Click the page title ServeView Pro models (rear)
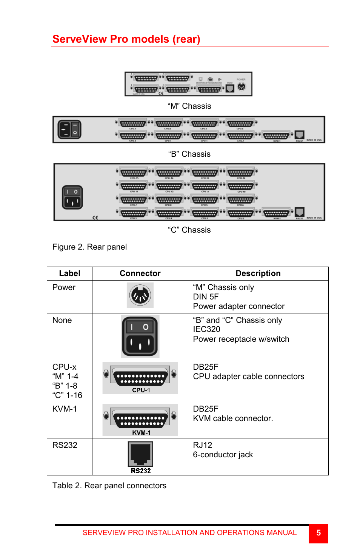[126, 39]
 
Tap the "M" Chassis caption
[189, 106]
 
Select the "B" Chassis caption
[189, 154]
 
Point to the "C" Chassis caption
[189, 230]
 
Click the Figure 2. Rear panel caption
[89, 247]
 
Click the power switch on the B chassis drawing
[69, 130]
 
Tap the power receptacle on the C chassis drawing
[72, 197]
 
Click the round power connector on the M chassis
[241, 86]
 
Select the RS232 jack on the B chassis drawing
[300, 135]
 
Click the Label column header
[69, 273]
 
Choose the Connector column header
[140, 273]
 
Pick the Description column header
[258, 273]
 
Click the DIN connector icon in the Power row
[140, 295]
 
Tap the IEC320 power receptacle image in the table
[140, 336]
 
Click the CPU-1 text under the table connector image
[141, 390]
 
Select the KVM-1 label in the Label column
[65, 409]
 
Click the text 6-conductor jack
[223, 455]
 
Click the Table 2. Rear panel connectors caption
[109, 486]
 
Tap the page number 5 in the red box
[318, 533]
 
